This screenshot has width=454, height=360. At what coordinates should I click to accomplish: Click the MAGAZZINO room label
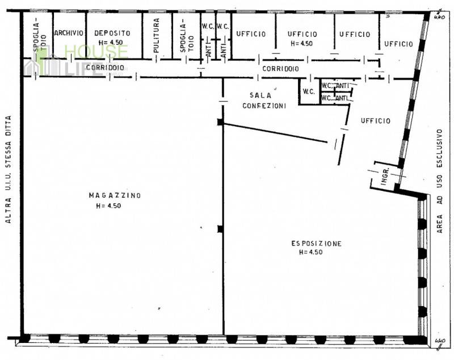tap(115, 195)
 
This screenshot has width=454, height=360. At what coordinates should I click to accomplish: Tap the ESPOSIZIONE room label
tap(316, 244)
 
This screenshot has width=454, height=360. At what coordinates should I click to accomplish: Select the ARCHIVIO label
tap(69, 33)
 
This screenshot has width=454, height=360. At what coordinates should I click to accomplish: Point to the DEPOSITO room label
tap(112, 33)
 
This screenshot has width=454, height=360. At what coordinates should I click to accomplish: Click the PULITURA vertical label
tap(157, 36)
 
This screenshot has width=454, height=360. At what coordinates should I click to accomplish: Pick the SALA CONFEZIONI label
tap(264, 101)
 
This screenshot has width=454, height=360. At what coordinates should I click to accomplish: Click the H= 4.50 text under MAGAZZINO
tap(108, 206)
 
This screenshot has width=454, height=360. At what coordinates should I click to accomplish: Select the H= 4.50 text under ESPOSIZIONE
tap(310, 252)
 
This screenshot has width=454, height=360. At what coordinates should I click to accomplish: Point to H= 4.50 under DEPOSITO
tap(111, 42)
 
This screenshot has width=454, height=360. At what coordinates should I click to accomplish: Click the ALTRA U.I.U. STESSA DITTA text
tap(9, 169)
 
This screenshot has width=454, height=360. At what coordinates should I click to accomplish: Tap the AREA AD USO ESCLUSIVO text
tap(439, 181)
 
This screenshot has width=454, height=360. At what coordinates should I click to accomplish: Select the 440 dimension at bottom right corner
tap(440, 341)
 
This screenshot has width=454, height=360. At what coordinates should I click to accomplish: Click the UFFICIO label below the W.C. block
tap(376, 121)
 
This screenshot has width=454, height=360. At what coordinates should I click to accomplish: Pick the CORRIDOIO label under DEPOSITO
tap(105, 68)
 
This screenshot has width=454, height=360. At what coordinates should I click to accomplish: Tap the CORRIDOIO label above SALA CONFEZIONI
tap(280, 69)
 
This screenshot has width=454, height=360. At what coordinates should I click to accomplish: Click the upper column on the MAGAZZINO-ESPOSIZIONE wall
tap(221, 122)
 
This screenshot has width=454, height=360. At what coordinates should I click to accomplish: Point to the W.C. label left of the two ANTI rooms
tap(309, 92)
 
